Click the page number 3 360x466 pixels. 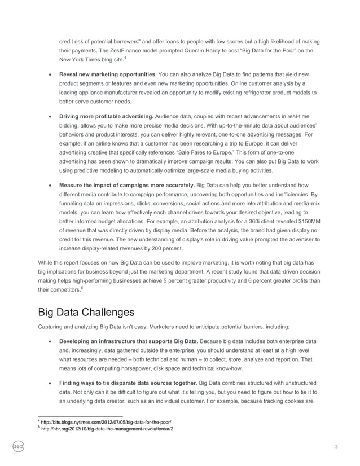click(x=336, y=447)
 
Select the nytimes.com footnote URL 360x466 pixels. click(x=105, y=422)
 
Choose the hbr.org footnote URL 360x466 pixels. click(x=106, y=429)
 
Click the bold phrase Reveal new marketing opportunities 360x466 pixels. click(x=108, y=74)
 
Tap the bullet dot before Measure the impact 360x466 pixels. click(x=51, y=185)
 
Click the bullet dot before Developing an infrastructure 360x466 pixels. click(x=51, y=341)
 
